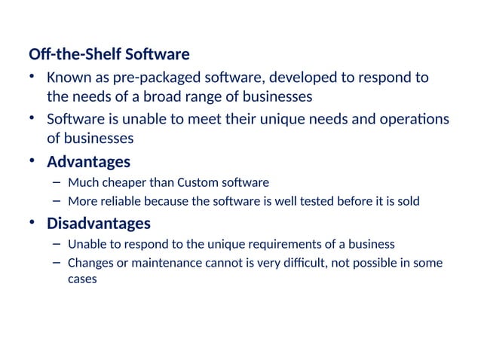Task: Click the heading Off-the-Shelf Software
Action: coord(109,55)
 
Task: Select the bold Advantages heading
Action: coord(88,162)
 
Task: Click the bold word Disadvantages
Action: coord(99,224)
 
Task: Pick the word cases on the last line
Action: coord(82,278)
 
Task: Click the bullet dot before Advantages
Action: coord(32,162)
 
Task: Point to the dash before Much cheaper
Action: coord(57,182)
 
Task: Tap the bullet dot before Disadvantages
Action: coord(32,224)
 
